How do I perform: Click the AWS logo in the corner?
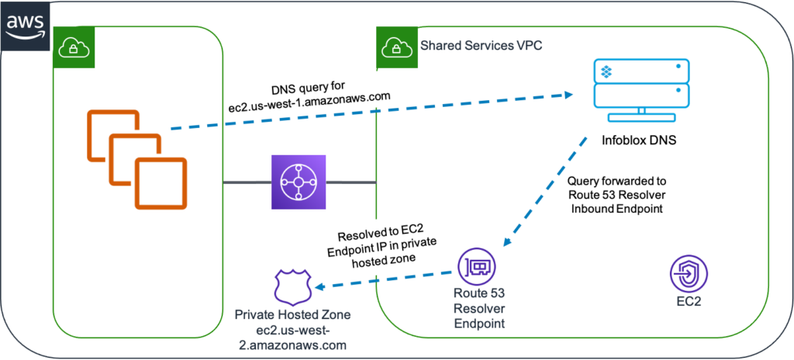pos(25,25)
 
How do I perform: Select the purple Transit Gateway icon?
pos(299,182)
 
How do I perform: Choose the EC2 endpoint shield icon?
pos(688,272)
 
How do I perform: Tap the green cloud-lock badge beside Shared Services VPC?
pos(393,49)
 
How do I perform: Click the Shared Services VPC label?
pos(481,46)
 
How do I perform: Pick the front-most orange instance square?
pos(160,182)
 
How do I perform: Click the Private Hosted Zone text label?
pos(293,330)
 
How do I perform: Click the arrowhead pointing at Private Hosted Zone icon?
pos(317,285)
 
